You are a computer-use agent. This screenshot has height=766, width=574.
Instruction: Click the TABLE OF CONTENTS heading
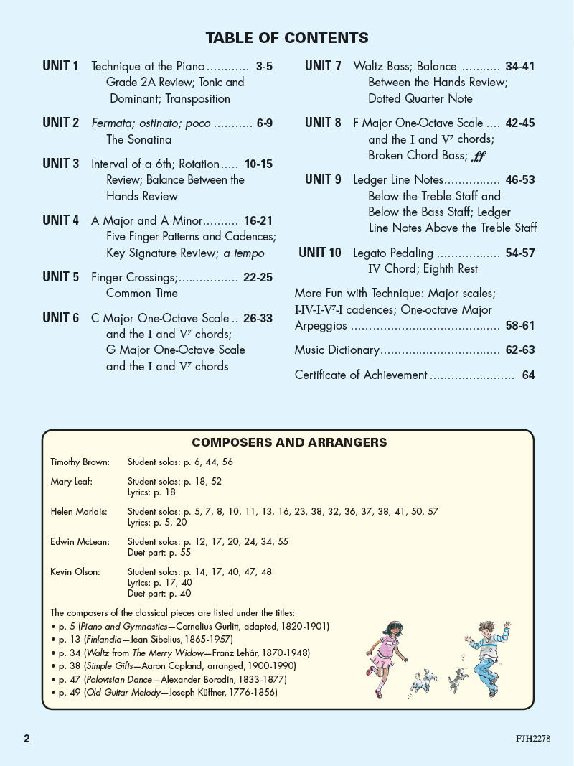[x=287, y=38]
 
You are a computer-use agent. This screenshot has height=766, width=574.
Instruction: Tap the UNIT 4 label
[x=60, y=220]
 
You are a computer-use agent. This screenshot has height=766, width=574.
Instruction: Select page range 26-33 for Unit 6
[x=258, y=318]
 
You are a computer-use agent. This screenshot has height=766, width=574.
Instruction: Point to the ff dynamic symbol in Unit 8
[x=480, y=155]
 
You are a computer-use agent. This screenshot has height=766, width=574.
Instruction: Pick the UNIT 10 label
[x=320, y=253]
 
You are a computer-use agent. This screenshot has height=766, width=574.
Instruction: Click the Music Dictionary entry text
[x=337, y=350]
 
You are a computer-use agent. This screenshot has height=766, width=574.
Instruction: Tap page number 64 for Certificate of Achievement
[x=528, y=375]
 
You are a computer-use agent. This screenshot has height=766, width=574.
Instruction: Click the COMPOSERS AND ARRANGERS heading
[x=289, y=442]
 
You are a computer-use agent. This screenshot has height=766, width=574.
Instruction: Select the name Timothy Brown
[x=79, y=462]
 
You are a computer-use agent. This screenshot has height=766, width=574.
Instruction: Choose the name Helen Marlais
[x=78, y=511]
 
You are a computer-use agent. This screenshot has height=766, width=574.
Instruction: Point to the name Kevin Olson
[x=75, y=571]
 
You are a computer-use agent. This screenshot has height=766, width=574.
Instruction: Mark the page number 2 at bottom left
[x=27, y=739]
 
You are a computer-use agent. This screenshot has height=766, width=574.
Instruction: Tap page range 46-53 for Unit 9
[x=519, y=180]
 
